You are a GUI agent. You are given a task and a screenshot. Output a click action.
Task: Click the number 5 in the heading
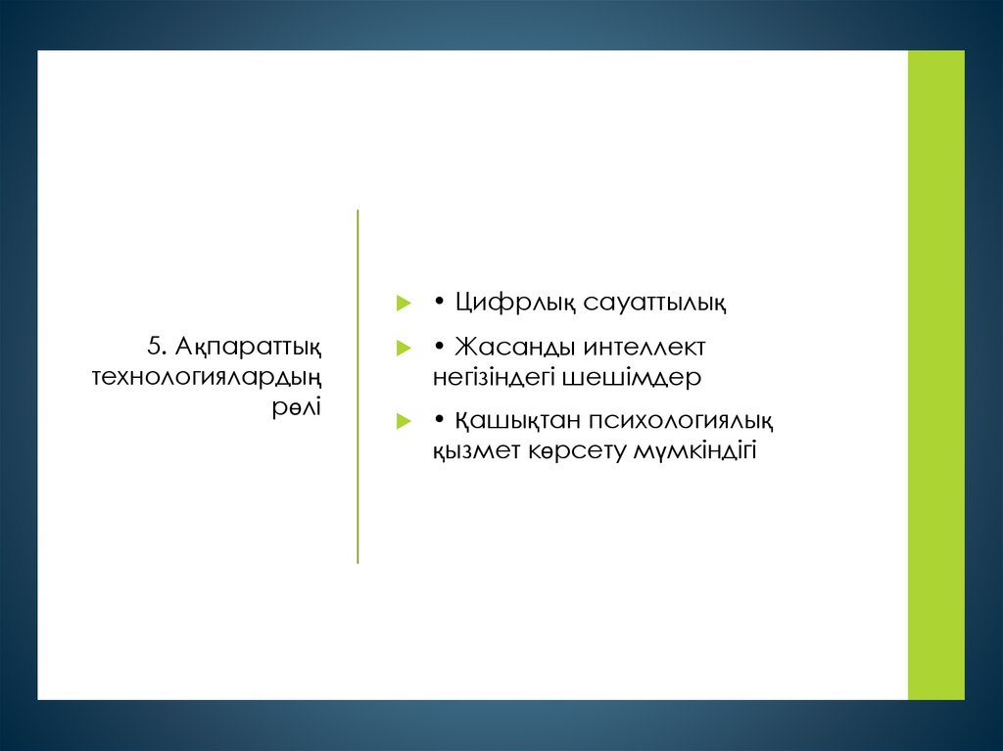click(x=155, y=346)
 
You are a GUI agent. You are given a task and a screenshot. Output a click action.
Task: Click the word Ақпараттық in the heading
click(x=249, y=347)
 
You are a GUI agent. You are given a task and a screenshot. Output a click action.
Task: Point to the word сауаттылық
click(x=655, y=304)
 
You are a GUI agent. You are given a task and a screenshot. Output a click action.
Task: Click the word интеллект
click(x=644, y=348)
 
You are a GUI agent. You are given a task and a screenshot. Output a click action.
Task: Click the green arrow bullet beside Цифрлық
click(x=402, y=305)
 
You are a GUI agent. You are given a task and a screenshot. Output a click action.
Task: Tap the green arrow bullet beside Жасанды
click(x=402, y=349)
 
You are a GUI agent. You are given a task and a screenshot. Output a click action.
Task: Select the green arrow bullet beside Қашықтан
click(x=402, y=422)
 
